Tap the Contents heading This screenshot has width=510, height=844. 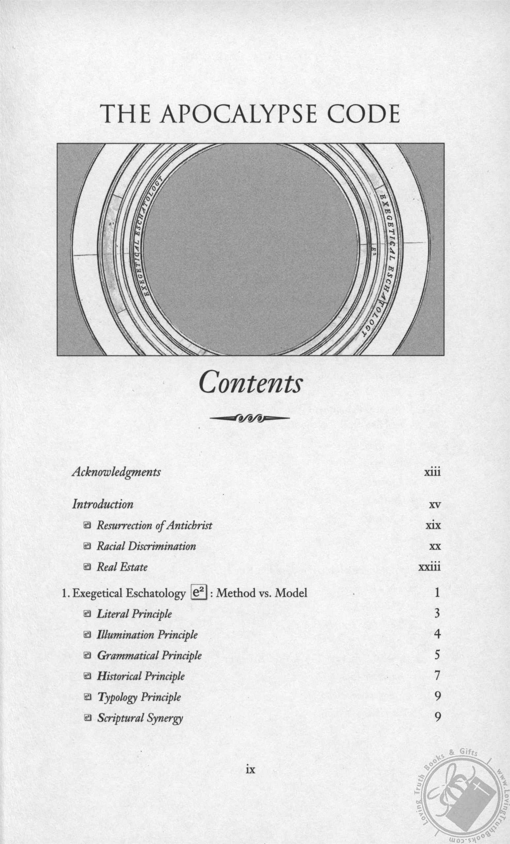point(250,383)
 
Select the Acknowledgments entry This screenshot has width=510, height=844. point(116,472)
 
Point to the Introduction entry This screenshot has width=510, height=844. point(103,504)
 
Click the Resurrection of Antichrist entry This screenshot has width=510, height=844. point(154,526)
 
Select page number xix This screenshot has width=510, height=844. point(433,526)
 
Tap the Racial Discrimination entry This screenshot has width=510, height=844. point(146,546)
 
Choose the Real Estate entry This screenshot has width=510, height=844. point(122,567)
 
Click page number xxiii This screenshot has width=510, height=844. point(430,567)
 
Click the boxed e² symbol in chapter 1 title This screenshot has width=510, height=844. point(199,592)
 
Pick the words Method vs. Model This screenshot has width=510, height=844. point(262,593)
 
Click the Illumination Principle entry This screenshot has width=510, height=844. point(147,635)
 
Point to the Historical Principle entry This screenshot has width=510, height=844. point(141,676)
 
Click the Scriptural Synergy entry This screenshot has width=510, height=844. point(140,718)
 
